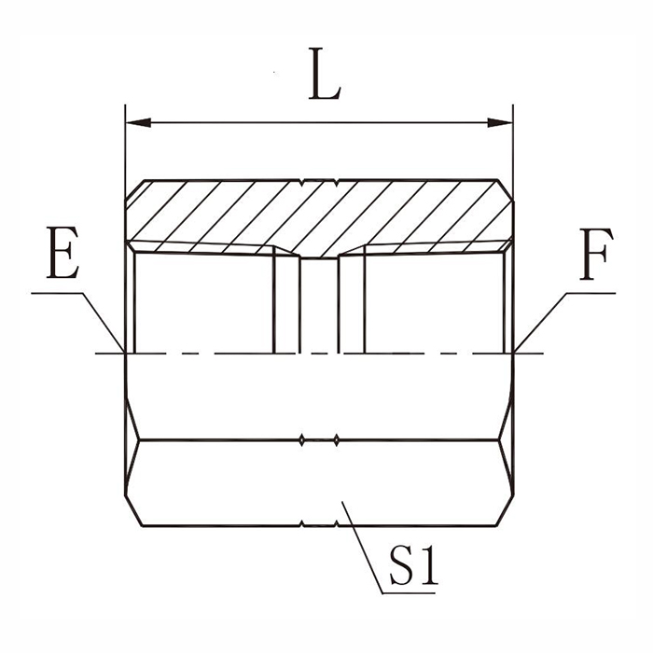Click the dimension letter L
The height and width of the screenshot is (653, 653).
pyautogui.click(x=325, y=74)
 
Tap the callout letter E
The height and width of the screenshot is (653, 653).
pyautogui.click(x=63, y=253)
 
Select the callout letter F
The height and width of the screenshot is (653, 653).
pyautogui.click(x=596, y=254)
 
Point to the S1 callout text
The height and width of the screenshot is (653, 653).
pyautogui.click(x=413, y=566)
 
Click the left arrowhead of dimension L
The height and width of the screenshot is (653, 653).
pyautogui.click(x=138, y=123)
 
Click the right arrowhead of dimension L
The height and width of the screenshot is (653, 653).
pyautogui.click(x=500, y=123)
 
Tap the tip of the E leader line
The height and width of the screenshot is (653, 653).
pyautogui.click(x=125, y=353)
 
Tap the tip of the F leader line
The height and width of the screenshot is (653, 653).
pyautogui.click(x=514, y=353)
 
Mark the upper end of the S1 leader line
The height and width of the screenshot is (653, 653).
pyautogui.click(x=341, y=502)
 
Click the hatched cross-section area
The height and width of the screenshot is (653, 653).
pyautogui.click(x=319, y=216)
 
